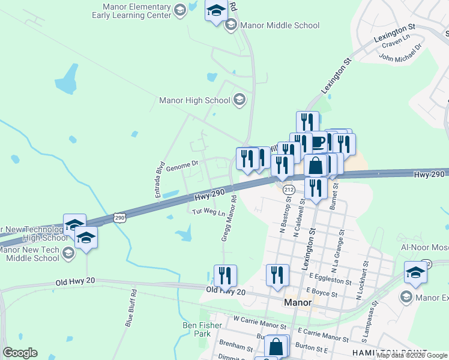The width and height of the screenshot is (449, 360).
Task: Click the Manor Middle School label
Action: (280, 25)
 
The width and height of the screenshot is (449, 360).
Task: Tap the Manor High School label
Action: (194, 100)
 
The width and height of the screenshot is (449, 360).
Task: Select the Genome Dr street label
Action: (182, 164)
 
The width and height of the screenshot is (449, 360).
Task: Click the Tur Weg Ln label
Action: (208, 212)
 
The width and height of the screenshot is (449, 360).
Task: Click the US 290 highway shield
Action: (120, 218)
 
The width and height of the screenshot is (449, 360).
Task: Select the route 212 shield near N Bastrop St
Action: (289, 190)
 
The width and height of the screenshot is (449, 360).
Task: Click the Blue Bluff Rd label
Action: (131, 308)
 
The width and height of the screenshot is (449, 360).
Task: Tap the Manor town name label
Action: (297, 303)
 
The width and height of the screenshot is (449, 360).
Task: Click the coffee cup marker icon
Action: (318, 142)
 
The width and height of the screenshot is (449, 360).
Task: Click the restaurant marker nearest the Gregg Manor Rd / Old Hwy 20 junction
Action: (225, 275)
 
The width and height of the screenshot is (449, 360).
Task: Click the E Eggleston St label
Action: (331, 280)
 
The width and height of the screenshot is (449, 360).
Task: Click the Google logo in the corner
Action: (20, 353)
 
